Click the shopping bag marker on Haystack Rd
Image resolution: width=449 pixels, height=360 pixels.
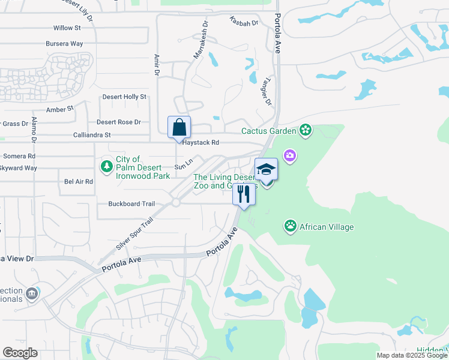(x=179, y=128)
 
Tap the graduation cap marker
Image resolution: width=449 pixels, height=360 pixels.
(x=267, y=170)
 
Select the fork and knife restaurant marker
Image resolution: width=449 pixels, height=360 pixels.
(x=244, y=194)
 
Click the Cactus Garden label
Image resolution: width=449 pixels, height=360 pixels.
(x=269, y=131)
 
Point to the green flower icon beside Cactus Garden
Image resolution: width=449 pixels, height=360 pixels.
(x=306, y=130)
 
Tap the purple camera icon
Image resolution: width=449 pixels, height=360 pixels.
(x=291, y=156)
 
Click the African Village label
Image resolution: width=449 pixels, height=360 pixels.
(x=327, y=227)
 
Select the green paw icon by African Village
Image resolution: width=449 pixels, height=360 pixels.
(x=291, y=226)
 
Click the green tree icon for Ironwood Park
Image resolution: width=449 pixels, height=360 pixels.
(x=107, y=166)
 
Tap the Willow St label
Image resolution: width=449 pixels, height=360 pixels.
(x=67, y=28)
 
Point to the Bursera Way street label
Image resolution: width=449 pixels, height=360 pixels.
(x=64, y=44)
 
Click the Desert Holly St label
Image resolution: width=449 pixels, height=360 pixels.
(x=124, y=97)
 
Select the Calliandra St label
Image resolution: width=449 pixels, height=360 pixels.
(x=92, y=135)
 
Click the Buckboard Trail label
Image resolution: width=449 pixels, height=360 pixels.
(x=131, y=204)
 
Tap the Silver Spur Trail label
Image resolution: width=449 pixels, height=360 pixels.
(x=134, y=234)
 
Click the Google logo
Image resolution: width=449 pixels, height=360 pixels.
(x=20, y=353)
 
